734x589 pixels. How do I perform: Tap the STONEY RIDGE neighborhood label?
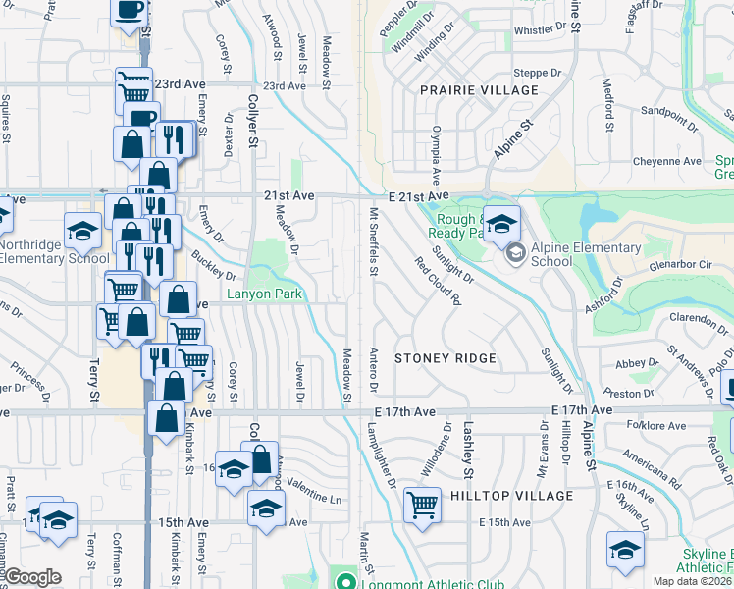tap(445, 359)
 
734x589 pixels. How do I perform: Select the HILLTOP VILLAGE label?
tap(510, 496)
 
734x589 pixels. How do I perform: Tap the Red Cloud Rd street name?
tap(438, 281)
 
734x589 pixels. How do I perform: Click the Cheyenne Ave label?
tap(666, 161)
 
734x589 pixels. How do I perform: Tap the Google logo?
tap(33, 576)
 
